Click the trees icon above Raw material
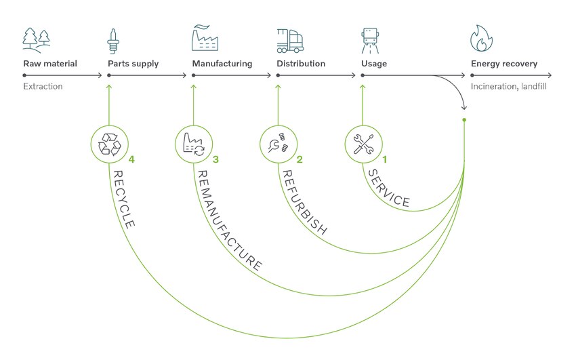pyautogui.click(x=35, y=40)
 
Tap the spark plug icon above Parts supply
pyautogui.click(x=113, y=40)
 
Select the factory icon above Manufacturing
pyautogui.click(x=205, y=39)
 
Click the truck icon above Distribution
pyautogui.click(x=291, y=41)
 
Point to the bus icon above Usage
pyautogui.click(x=370, y=41)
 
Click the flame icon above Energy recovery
pyautogui.click(x=481, y=39)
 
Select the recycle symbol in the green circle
pyautogui.click(x=109, y=144)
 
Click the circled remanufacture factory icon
pyautogui.click(x=194, y=144)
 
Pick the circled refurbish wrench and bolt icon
pyautogui.click(x=279, y=144)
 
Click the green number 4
pyautogui.click(x=131, y=160)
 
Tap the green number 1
pyautogui.click(x=385, y=160)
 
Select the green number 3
pyautogui.click(x=216, y=160)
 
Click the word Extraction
pyautogui.click(x=43, y=87)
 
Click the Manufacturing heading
pyautogui.click(x=222, y=64)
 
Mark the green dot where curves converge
pyautogui.click(x=464, y=120)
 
